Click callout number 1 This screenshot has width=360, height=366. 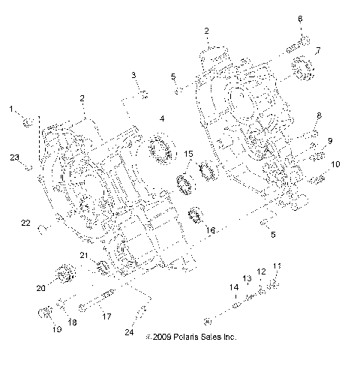(12, 109)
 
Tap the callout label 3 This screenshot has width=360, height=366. (133, 75)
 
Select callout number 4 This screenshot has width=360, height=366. (161, 118)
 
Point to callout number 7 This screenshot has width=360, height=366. (318, 51)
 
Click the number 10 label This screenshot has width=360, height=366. (335, 164)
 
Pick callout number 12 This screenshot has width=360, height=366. (262, 272)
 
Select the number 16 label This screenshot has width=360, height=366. (211, 231)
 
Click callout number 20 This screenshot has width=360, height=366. (41, 287)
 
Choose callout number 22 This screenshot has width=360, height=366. (24, 223)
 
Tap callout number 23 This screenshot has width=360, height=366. (14, 157)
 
